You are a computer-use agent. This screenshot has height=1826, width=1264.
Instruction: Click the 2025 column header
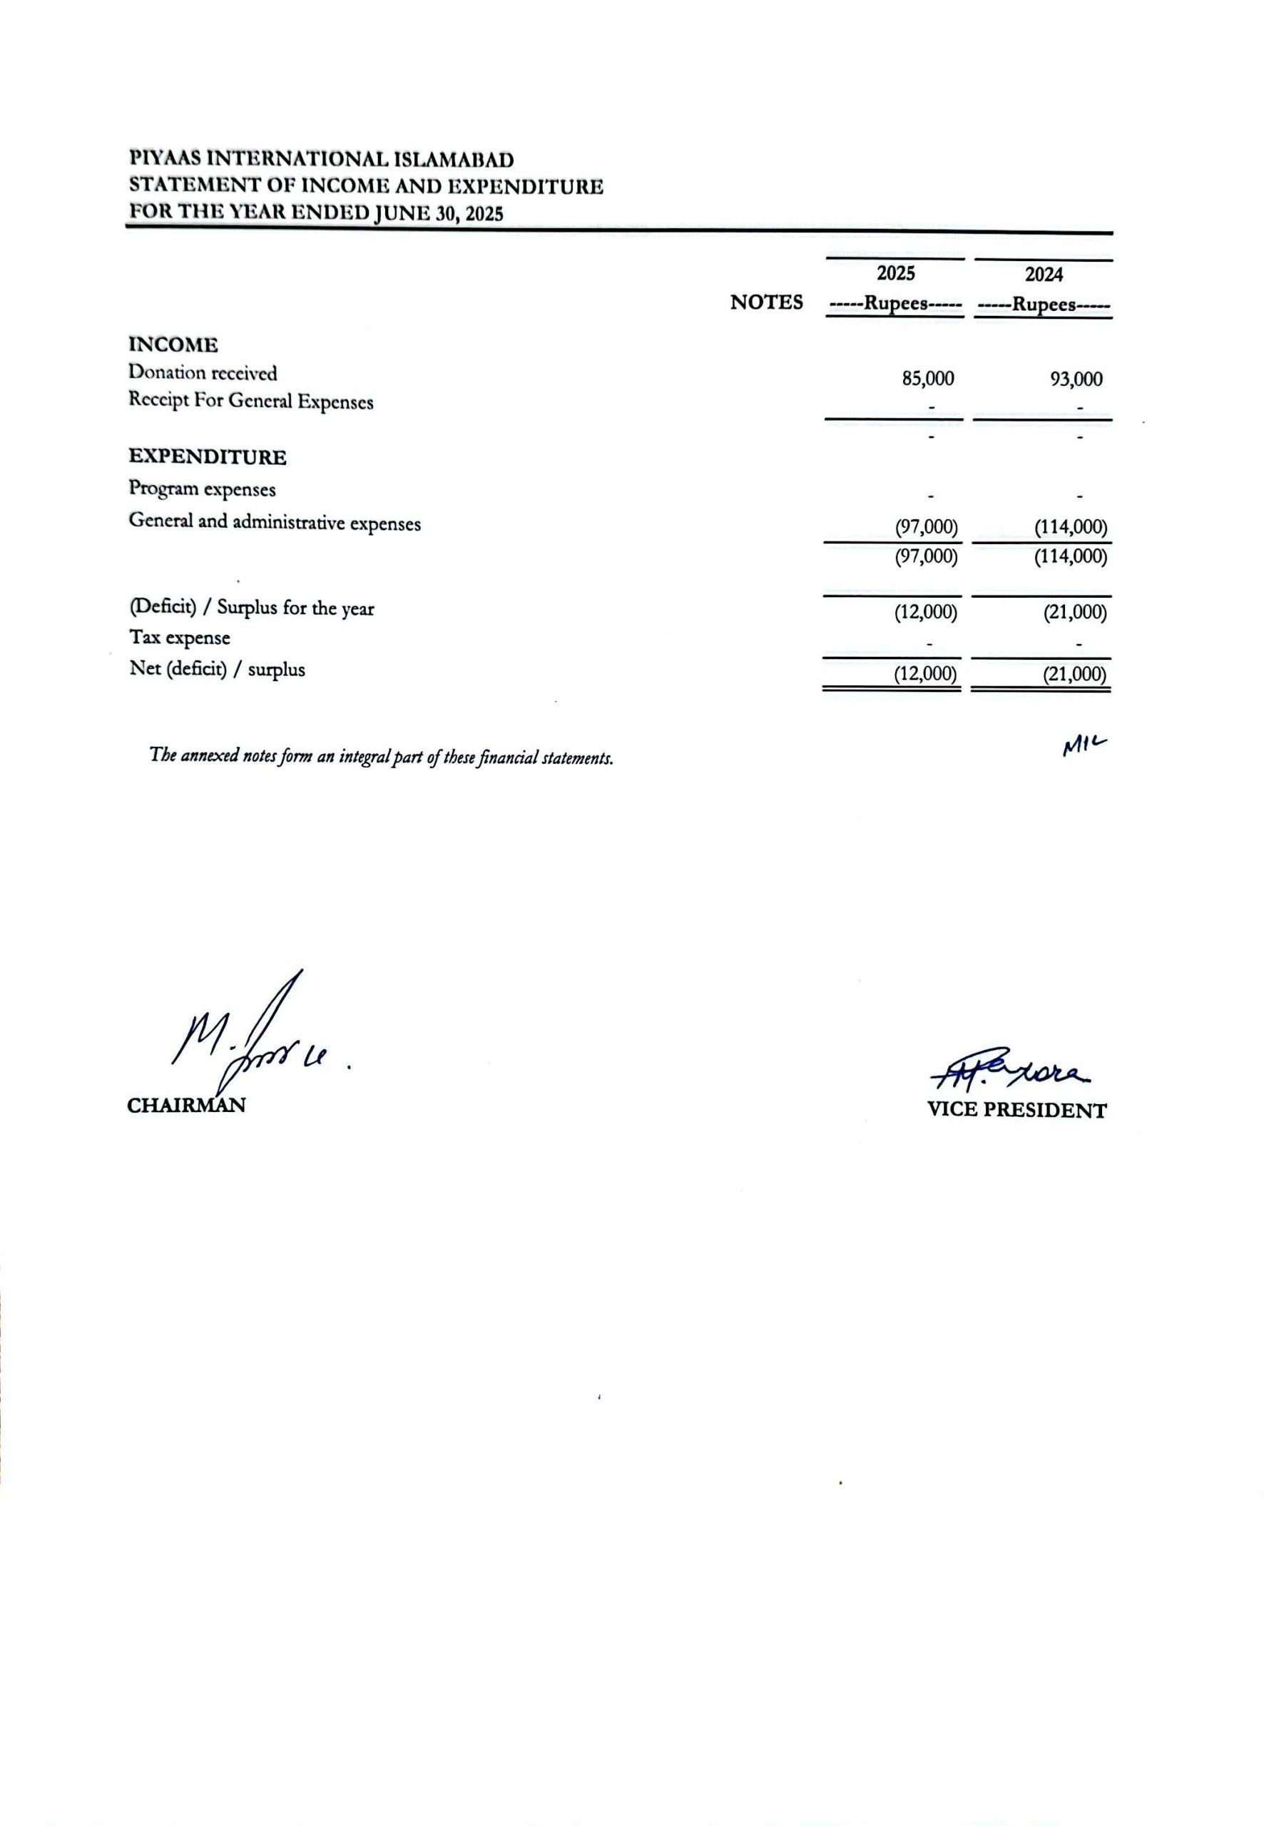[x=895, y=273]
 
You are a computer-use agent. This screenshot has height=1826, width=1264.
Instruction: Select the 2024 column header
[x=1043, y=275]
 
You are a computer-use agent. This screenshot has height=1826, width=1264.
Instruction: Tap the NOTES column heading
[x=766, y=302]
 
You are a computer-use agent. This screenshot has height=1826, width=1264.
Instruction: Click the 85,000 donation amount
[x=927, y=379]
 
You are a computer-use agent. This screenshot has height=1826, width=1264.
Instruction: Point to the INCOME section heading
[x=173, y=345]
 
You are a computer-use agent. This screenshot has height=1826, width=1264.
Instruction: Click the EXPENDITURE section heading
[x=208, y=457]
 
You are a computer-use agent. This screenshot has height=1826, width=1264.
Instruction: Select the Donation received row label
[x=203, y=372]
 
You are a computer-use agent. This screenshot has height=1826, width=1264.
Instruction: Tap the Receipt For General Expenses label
[x=250, y=402]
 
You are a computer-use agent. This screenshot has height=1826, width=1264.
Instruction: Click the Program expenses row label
[x=202, y=489]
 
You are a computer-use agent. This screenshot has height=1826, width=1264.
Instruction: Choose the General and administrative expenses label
[x=274, y=523]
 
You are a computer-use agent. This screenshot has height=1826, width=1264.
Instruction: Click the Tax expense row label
[x=179, y=638]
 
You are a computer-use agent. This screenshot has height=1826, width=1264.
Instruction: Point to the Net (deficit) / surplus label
[x=217, y=669]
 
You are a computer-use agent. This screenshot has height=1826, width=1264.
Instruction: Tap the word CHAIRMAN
[x=186, y=1106]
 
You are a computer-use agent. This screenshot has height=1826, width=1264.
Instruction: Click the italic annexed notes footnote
[x=381, y=757]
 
